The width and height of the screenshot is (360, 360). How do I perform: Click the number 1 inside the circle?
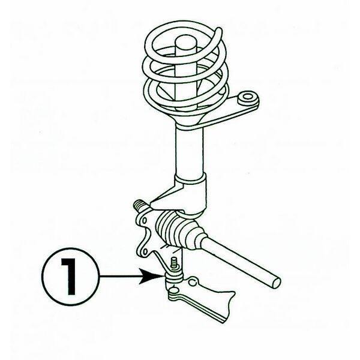(68, 277)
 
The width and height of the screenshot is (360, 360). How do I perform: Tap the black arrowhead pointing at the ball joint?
(152, 277)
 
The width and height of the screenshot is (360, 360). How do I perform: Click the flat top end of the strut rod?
(186, 41)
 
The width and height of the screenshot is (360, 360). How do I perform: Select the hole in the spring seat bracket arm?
(247, 97)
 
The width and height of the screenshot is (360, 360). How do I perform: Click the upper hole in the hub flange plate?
(145, 221)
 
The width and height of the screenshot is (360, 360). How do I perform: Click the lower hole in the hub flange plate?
(145, 251)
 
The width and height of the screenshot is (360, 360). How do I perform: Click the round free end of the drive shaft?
(275, 282)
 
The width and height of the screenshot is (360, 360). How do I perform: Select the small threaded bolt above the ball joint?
(175, 263)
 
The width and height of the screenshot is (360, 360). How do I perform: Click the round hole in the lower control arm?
(193, 281)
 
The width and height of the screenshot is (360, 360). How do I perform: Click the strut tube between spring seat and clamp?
(190, 151)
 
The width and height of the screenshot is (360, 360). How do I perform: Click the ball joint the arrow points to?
(174, 278)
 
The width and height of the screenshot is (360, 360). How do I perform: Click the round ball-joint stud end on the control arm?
(174, 292)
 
